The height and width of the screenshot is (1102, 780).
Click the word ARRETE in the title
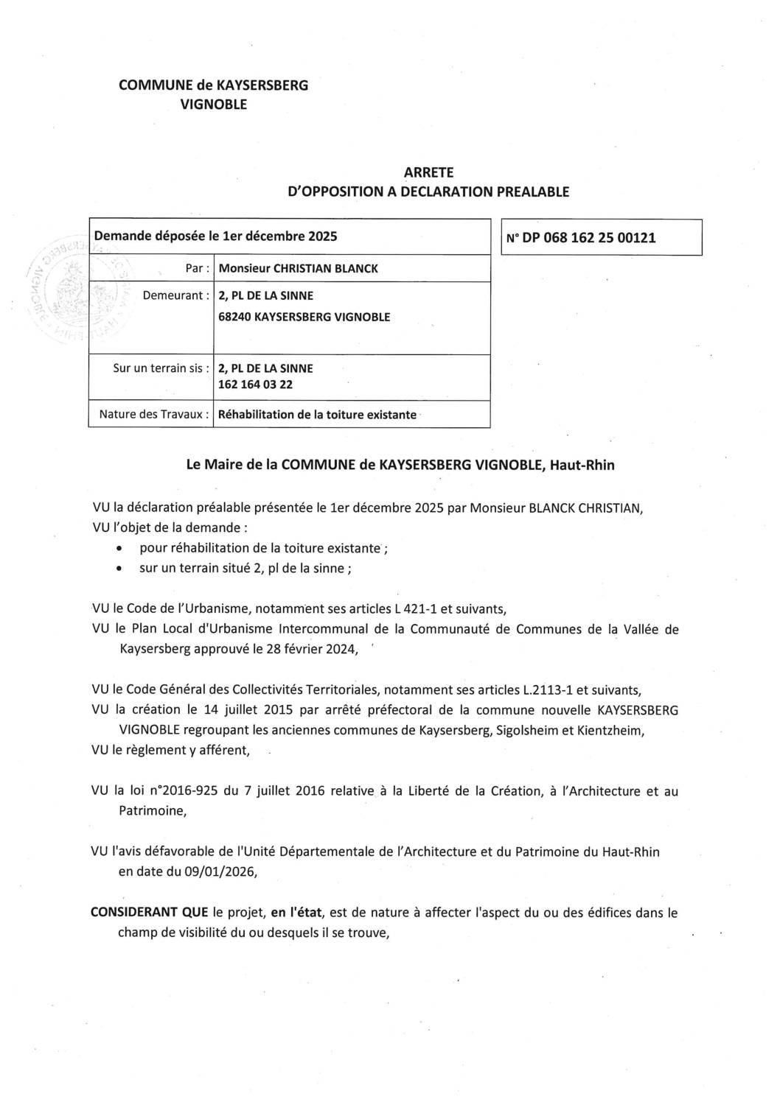pyautogui.click(x=428, y=172)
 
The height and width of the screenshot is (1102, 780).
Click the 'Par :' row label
pyautogui.click(x=195, y=269)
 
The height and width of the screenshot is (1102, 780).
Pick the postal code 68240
pyautogui.click(x=233, y=317)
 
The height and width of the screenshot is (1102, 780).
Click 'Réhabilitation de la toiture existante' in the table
pyautogui.click(x=317, y=415)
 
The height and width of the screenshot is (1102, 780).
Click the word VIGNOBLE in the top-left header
pyautogui.click(x=213, y=105)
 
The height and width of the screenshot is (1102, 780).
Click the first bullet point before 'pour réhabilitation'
pyautogui.click(x=119, y=549)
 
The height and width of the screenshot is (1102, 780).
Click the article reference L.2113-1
pyautogui.click(x=534, y=690)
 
